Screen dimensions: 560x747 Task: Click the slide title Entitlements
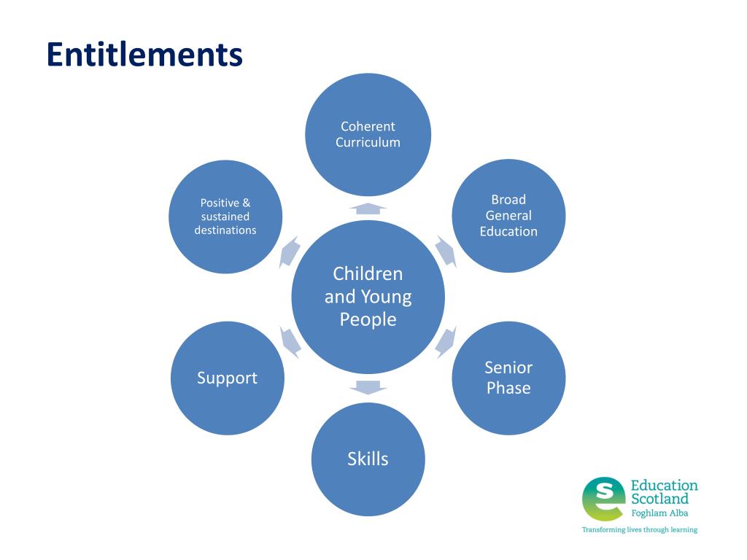click(x=144, y=55)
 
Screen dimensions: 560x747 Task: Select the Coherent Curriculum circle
click(x=368, y=135)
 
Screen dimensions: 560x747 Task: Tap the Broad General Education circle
click(x=508, y=216)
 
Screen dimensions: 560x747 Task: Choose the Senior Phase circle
click(x=508, y=378)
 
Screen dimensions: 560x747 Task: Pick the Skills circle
click(x=368, y=459)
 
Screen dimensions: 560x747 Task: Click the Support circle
click(x=227, y=378)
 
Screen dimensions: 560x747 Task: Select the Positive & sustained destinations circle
click(x=225, y=217)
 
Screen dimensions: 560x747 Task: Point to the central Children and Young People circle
click(x=368, y=297)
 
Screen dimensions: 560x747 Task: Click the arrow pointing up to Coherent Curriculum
click(x=368, y=209)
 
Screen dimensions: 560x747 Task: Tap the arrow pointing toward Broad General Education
click(x=445, y=251)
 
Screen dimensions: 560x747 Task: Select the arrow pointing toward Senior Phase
click(x=445, y=341)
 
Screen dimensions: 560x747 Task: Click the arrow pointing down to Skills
click(x=368, y=386)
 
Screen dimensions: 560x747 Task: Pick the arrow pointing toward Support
click(x=290, y=341)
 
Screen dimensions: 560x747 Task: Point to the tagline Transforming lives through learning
click(x=639, y=529)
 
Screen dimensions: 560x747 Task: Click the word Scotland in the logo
click(x=659, y=499)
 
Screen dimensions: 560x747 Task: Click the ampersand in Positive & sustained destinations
click(x=246, y=203)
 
